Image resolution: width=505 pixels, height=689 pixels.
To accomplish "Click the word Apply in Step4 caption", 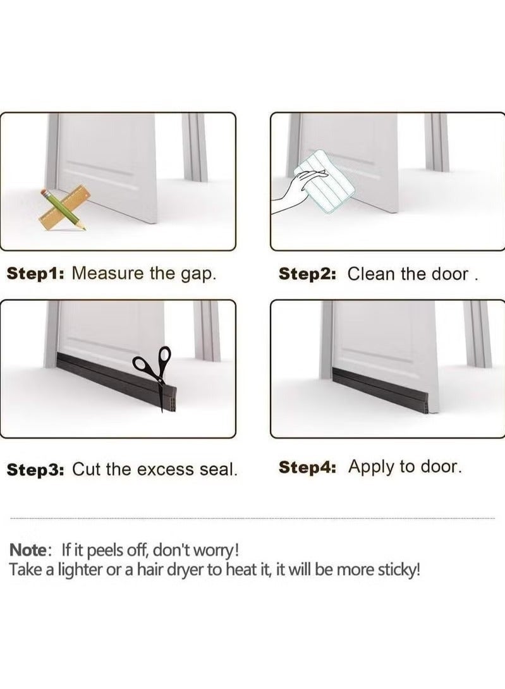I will pos(371,468).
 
